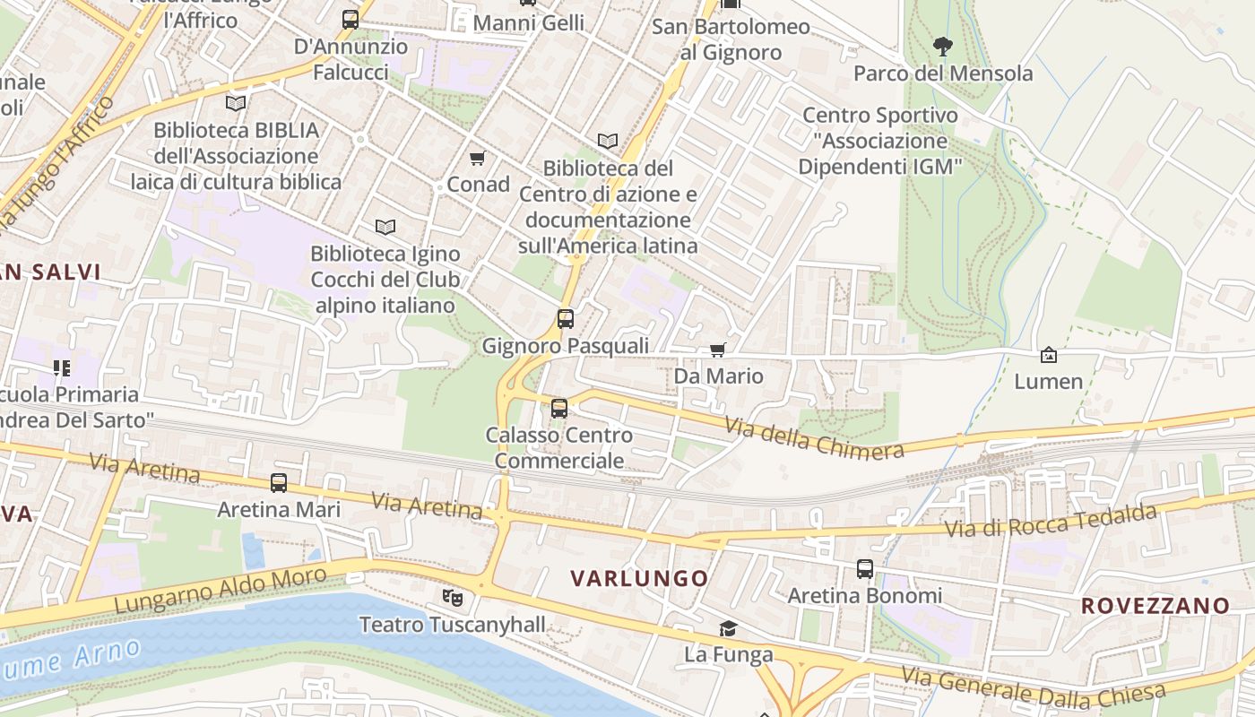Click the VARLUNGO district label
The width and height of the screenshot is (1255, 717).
point(640,578)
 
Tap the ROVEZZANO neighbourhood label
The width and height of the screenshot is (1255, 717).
point(1155,606)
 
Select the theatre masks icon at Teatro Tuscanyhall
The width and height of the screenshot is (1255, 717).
point(452,596)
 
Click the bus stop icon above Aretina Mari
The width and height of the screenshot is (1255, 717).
point(279,483)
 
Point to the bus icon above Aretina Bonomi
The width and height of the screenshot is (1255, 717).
point(864,568)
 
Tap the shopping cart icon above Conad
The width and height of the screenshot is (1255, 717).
point(477,159)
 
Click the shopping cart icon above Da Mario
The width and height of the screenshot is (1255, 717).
point(717,350)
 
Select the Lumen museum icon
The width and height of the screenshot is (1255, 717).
point(1048,355)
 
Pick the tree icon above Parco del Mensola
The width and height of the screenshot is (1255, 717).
point(942,46)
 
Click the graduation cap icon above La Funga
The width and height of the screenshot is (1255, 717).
point(728,629)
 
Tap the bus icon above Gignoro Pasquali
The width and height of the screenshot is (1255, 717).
point(565,318)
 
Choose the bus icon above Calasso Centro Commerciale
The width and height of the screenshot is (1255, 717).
point(559,409)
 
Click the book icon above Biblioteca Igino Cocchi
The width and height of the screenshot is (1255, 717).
point(385,228)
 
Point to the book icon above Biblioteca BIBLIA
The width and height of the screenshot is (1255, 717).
point(236,104)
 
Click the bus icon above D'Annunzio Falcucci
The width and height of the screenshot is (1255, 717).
point(351,19)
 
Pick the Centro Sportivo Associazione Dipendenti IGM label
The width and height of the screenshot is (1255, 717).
point(879,141)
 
